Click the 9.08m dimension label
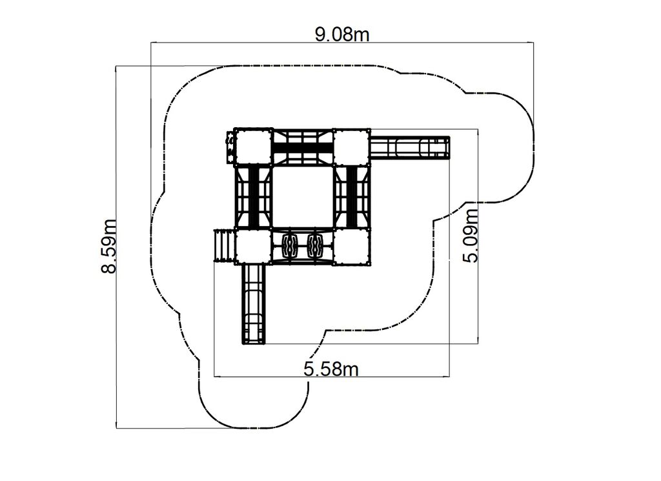342,35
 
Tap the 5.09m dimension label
471,236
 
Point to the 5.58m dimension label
331,369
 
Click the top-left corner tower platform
253,147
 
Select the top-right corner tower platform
352,147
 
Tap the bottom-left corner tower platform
253,246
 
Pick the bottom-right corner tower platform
352,246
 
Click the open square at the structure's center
303,197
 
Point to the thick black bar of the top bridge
303,148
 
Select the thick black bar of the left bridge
254,197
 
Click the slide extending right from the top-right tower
410,147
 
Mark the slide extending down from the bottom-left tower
253,304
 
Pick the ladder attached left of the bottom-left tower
224,246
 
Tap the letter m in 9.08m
361,36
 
